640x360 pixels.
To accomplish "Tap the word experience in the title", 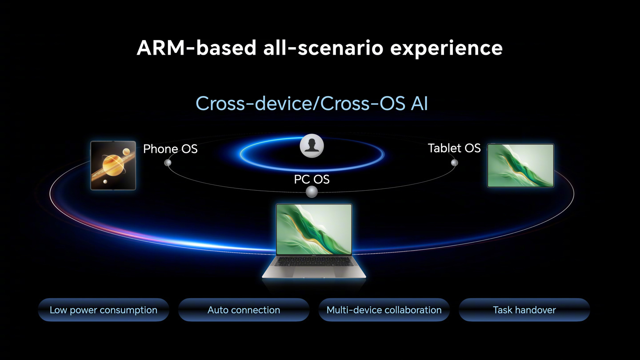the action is tap(446, 49).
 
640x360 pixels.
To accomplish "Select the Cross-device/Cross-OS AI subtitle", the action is tap(312, 103).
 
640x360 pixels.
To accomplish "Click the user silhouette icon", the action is tap(312, 146).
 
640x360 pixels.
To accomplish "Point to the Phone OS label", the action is tap(170, 149).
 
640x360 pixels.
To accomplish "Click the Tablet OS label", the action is tap(454, 148).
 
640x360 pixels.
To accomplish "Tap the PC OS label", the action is tap(312, 180).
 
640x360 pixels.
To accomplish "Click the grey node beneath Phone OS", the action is tap(168, 163).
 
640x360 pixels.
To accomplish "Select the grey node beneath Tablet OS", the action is tap(454, 163).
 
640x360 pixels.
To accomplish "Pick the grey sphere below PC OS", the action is tap(312, 192).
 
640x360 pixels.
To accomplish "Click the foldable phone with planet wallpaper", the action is tap(113, 165).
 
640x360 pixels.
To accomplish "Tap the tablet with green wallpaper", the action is tap(520, 165).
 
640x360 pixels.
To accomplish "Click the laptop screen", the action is tap(314, 229).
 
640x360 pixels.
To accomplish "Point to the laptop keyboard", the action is tap(314, 261).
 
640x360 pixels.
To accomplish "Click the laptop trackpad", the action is tap(314, 272).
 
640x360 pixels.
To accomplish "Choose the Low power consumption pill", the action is tap(104, 310).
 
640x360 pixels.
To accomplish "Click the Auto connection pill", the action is tap(244, 310).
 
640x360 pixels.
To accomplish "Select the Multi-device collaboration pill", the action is tap(384, 310).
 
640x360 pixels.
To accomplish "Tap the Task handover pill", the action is tap(524, 310).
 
